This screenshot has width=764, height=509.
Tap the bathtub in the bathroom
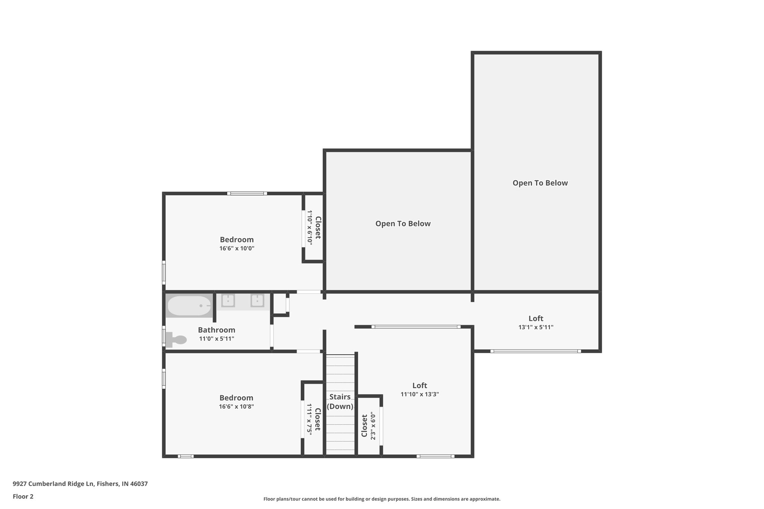[189, 306]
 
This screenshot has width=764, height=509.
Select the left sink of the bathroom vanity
[228, 300]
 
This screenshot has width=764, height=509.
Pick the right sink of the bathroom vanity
[257, 300]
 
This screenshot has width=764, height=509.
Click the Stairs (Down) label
[340, 402]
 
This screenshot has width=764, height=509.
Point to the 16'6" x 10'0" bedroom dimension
[237, 248]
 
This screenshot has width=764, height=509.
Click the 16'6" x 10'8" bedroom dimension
[236, 407]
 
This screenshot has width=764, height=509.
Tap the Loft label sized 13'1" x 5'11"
[536, 318]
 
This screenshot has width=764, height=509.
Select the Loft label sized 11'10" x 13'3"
[419, 386]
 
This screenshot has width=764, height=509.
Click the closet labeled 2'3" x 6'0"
[368, 426]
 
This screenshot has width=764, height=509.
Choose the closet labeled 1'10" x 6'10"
[314, 227]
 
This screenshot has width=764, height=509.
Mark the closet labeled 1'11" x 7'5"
[313, 419]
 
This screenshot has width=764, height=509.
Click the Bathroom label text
[216, 330]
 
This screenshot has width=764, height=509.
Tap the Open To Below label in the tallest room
[540, 183]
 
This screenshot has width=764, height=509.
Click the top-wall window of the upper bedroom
[247, 194]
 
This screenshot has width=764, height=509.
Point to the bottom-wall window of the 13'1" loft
[535, 351]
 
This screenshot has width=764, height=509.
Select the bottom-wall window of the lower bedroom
[185, 456]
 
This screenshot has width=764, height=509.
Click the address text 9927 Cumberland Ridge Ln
[80, 484]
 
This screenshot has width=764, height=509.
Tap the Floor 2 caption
[23, 496]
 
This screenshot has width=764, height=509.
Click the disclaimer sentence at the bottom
[382, 499]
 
